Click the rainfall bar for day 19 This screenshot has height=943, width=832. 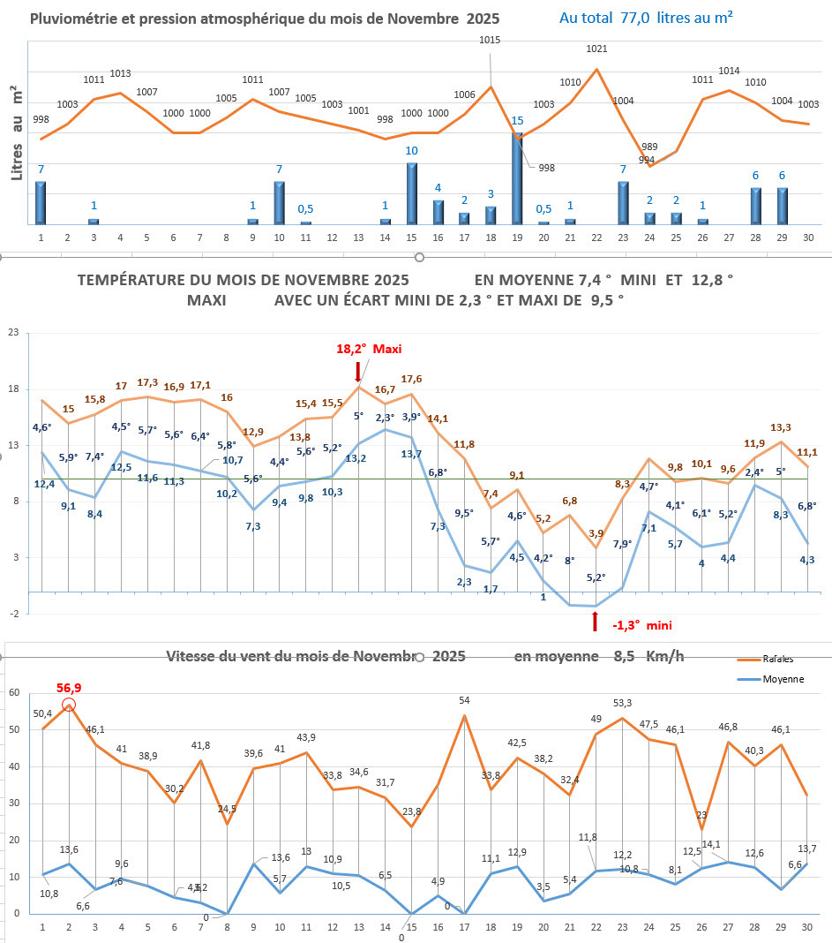(517, 178)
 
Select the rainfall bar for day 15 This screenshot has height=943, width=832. (411, 193)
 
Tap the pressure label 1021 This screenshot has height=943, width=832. (596, 49)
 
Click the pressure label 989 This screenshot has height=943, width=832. (648, 147)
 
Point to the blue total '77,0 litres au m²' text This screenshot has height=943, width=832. (647, 17)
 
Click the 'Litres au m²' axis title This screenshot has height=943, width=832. (16, 133)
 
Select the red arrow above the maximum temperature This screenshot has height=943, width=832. (357, 370)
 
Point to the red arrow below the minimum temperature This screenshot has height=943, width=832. (596, 622)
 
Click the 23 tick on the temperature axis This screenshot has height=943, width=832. (12, 333)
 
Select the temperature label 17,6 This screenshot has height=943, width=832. (411, 379)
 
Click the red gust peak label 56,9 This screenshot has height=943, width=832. (69, 687)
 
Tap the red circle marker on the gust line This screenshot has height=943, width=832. (69, 705)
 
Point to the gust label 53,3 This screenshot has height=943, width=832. (622, 703)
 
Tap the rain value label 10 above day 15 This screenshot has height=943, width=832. (411, 151)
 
